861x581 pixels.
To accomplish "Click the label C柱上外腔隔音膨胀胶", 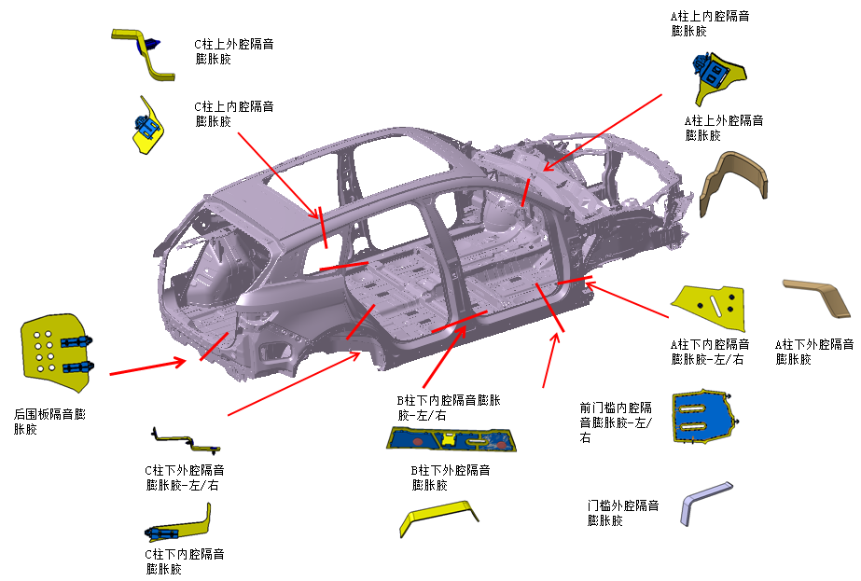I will [x=233, y=51].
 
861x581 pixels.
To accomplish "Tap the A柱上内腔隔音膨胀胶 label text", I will [x=711, y=23].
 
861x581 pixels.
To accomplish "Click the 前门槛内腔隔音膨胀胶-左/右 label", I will [x=616, y=422].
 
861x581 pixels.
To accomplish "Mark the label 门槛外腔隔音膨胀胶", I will [x=622, y=513].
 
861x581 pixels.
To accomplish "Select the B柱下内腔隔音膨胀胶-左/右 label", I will [x=448, y=408].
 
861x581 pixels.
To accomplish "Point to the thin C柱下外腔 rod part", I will [x=186, y=438].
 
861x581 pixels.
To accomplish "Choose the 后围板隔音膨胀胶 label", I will [x=49, y=422].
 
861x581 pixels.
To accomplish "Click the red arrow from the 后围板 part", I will [x=146, y=367].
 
